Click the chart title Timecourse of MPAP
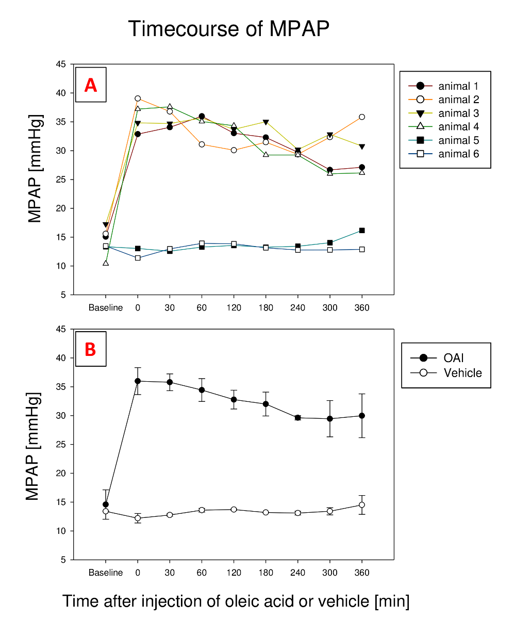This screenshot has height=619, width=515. (x=228, y=29)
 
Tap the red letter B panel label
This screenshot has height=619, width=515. (x=90, y=349)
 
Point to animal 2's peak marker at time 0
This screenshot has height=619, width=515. (x=138, y=99)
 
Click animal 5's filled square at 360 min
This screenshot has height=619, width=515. (x=362, y=231)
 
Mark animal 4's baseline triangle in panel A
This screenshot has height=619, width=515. (x=106, y=263)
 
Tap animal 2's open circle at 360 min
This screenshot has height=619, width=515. (x=362, y=117)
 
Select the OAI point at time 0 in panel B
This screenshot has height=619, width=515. (x=138, y=381)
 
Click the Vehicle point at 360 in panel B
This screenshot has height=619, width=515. (x=362, y=505)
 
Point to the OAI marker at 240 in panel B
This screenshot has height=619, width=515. (x=298, y=418)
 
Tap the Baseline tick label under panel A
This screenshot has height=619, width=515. (x=106, y=308)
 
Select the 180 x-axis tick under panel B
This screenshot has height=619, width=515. (x=265, y=573)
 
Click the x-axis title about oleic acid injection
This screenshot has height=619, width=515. (x=236, y=601)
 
